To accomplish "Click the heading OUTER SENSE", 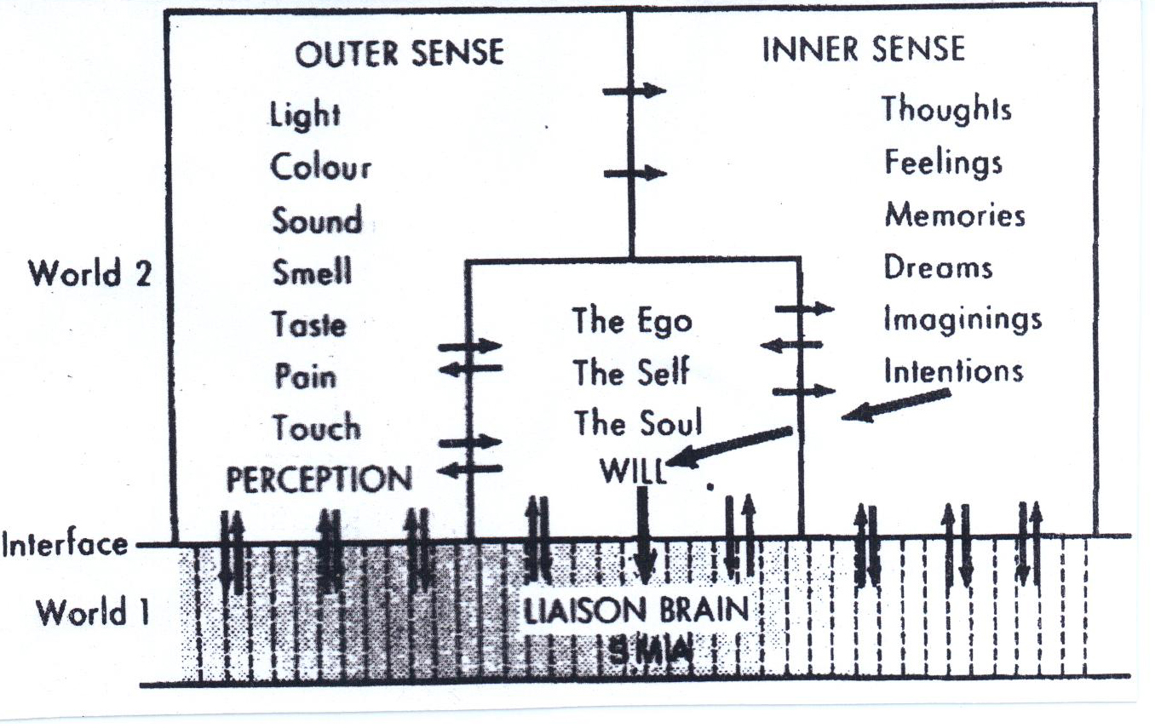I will click(399, 54).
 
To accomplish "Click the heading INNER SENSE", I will click(863, 49).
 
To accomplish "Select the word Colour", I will click(321, 167).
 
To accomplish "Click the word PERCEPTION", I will click(319, 479).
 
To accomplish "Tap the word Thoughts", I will click(946, 110).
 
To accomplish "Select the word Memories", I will click(954, 214).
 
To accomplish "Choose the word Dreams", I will click(938, 267).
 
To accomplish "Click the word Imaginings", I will click(962, 319).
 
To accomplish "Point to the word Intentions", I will click(953, 371).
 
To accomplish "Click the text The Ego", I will click(632, 321).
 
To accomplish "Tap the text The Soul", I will click(637, 423).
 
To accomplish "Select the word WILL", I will click(632, 471).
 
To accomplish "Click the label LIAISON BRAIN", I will click(635, 610).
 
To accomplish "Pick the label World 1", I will click(92, 611).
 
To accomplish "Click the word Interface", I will click(66, 544).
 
